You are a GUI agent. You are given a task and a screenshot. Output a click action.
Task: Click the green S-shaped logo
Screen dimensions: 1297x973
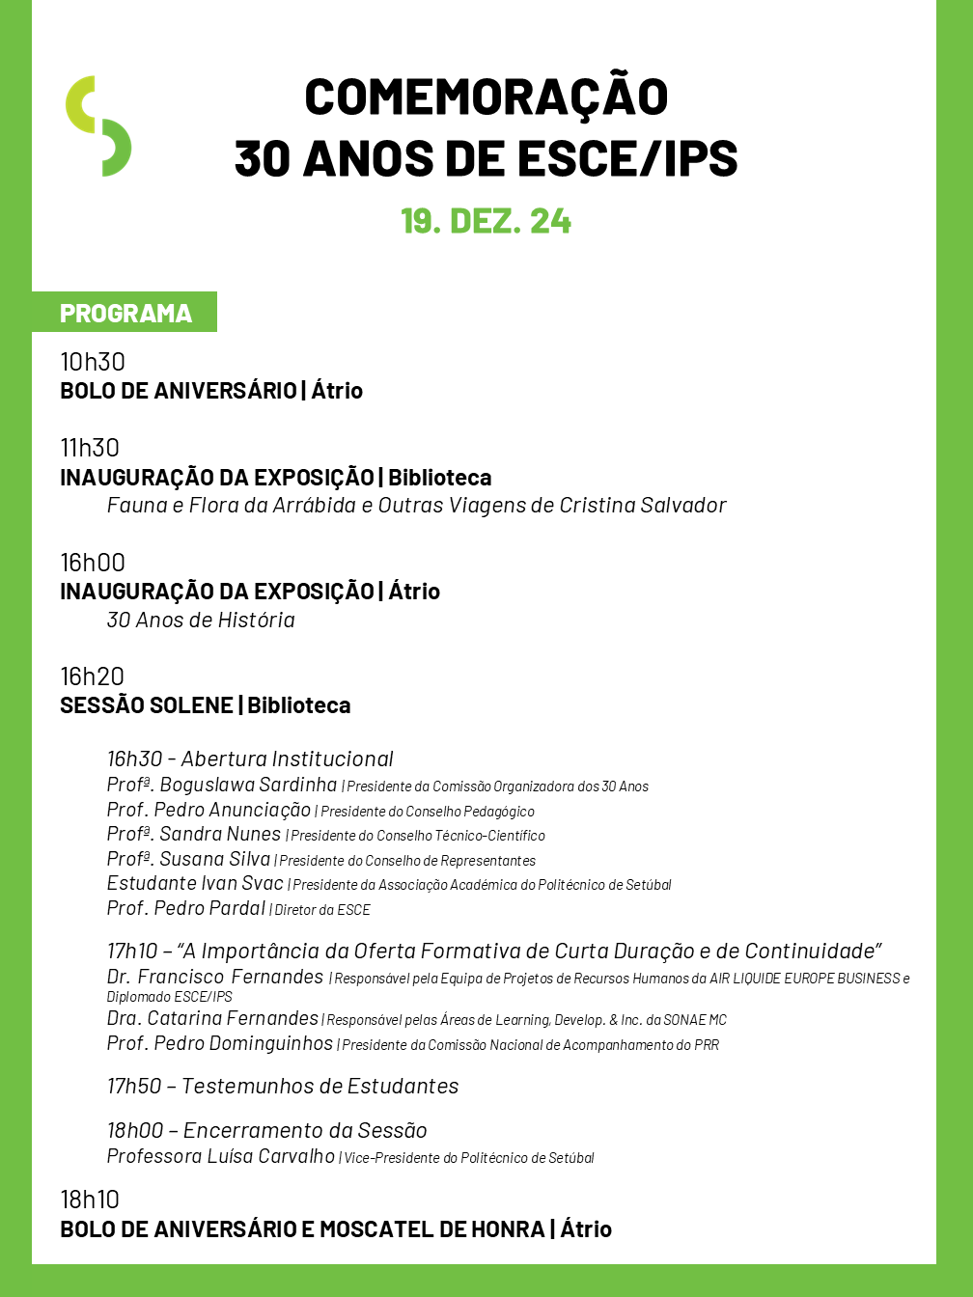(x=98, y=125)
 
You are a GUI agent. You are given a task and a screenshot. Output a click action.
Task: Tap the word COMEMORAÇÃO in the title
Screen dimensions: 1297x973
(x=486, y=97)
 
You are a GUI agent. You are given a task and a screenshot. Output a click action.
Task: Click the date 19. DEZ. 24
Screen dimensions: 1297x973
(x=486, y=221)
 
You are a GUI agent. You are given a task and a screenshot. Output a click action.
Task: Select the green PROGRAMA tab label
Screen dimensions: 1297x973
(x=125, y=313)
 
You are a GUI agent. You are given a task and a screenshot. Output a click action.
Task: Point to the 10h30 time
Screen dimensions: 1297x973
(x=93, y=362)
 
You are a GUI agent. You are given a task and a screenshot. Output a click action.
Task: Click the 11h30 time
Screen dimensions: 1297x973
(x=90, y=448)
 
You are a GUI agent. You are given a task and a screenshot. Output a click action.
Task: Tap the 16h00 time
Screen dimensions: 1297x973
(x=93, y=563)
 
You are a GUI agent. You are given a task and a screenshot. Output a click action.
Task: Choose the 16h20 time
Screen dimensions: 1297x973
(x=93, y=676)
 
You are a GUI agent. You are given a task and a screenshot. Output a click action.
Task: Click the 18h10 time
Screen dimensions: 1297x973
(x=90, y=1200)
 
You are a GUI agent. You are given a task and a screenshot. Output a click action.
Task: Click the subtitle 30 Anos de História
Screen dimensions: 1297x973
(x=201, y=620)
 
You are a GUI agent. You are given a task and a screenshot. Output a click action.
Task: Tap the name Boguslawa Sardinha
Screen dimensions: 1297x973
(x=248, y=785)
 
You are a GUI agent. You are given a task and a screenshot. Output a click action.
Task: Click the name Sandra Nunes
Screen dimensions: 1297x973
(x=220, y=834)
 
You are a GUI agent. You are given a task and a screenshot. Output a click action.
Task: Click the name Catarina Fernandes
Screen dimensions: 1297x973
(x=233, y=1018)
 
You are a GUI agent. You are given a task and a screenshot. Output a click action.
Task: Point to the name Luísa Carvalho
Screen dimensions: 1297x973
(x=270, y=1156)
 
